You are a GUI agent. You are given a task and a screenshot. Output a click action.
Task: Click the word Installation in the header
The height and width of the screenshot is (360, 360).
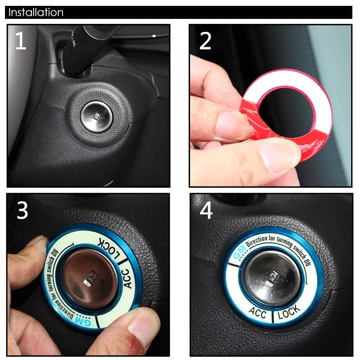coord(36,12)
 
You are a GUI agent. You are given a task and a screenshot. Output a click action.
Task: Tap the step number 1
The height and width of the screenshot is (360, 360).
coord(21,40)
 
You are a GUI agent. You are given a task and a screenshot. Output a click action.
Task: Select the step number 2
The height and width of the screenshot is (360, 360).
coord(205,41)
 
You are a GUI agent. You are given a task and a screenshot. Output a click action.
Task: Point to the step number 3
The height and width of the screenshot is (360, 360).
coord(22,210)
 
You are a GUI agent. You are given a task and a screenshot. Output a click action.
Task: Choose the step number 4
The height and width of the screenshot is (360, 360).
coord(206,210)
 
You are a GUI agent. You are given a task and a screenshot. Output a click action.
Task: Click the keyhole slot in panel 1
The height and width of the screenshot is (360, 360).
coord(97,116)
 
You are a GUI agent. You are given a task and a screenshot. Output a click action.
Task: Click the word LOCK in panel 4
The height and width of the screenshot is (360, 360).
coord(289,312)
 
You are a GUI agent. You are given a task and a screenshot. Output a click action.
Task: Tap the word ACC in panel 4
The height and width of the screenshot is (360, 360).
coord(257,312)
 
